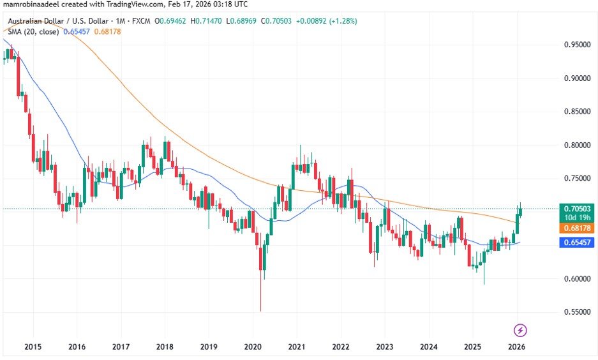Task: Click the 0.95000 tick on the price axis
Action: point(576,45)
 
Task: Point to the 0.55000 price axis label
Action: point(576,312)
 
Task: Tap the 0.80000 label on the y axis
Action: point(576,146)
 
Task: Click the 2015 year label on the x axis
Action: point(33,347)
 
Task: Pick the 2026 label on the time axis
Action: point(517,347)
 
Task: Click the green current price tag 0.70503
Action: point(576,209)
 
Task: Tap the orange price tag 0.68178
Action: point(576,228)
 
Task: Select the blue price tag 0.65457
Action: point(576,243)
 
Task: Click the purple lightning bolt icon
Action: point(520,330)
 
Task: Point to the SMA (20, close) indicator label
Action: point(33,31)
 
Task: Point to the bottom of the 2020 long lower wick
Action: point(260,311)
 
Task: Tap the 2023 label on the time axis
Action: point(385,347)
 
